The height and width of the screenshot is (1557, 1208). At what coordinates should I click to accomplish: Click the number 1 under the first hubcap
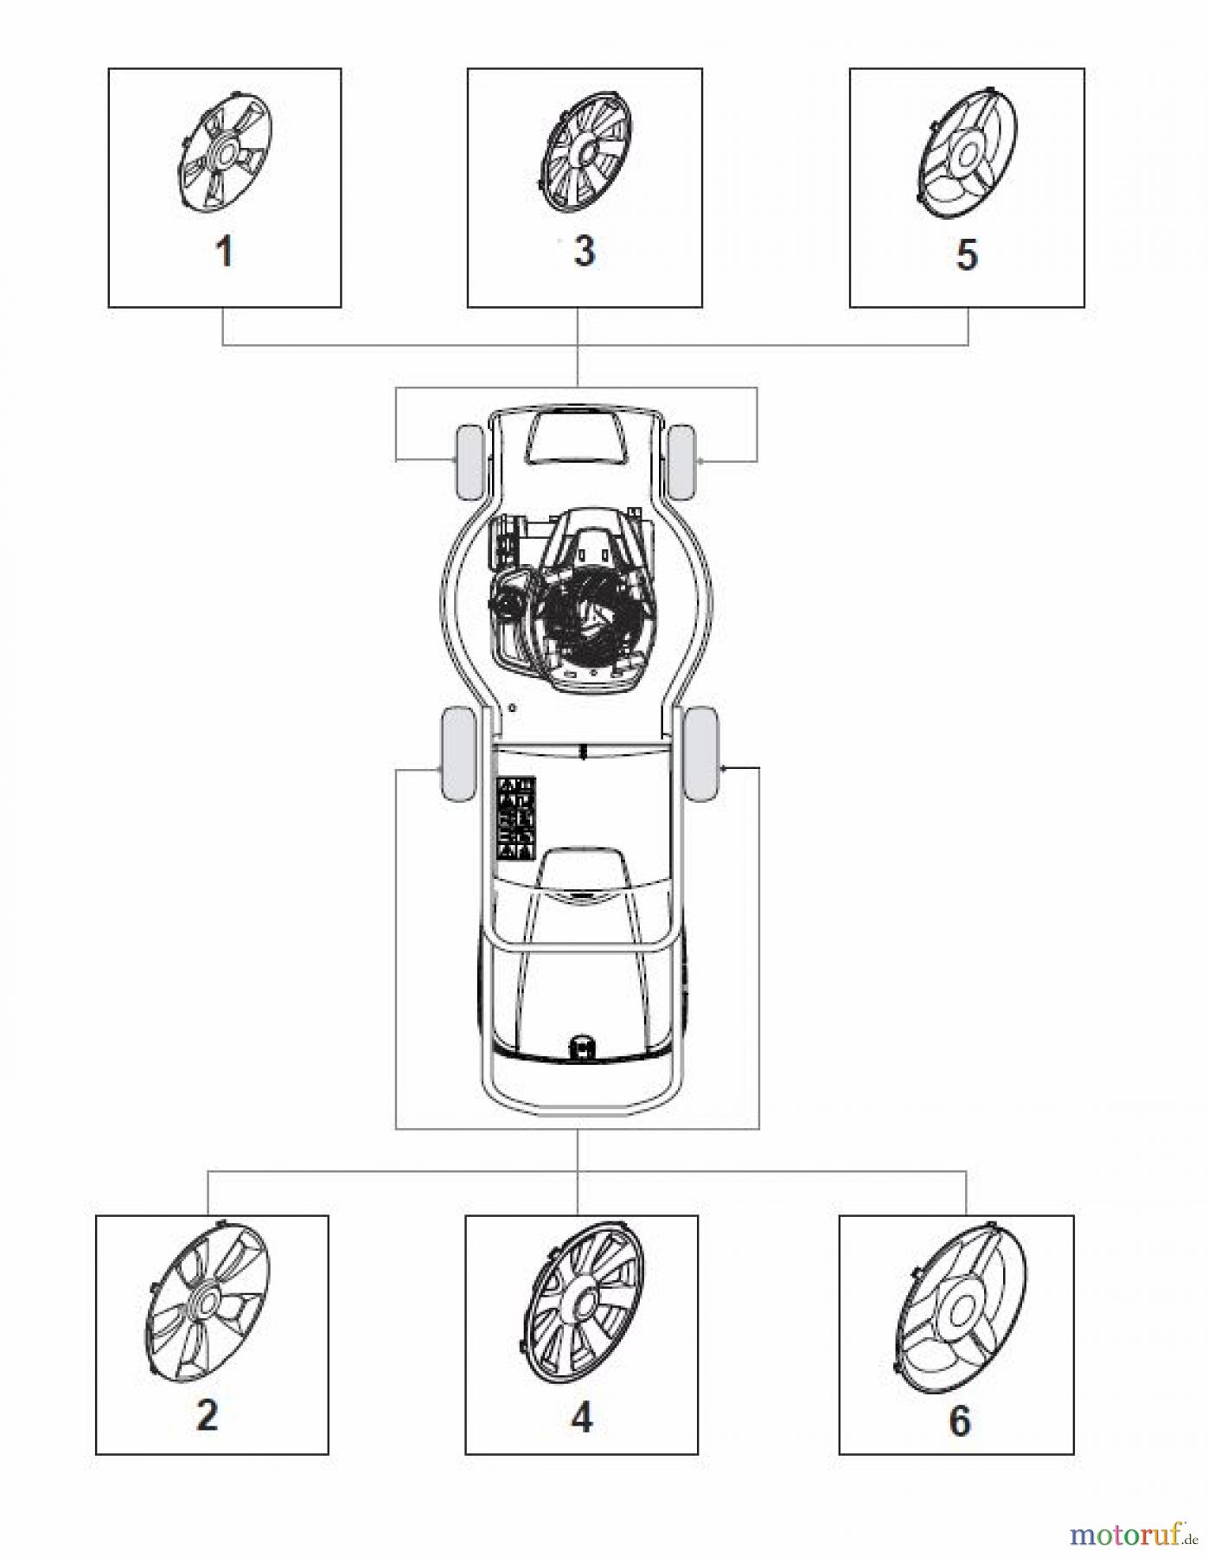[224, 253]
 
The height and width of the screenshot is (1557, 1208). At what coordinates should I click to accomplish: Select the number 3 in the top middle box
[585, 251]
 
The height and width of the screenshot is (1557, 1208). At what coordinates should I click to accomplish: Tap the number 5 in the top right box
[967, 255]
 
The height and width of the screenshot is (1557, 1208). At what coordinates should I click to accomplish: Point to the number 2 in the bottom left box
[208, 1415]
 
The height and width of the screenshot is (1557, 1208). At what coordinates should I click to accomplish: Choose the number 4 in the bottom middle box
[582, 1418]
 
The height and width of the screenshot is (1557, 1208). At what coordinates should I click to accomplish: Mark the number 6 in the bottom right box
[960, 1421]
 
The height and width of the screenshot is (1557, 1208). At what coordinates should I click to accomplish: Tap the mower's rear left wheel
[458, 753]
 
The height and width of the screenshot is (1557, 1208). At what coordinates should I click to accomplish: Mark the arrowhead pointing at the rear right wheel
[725, 767]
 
